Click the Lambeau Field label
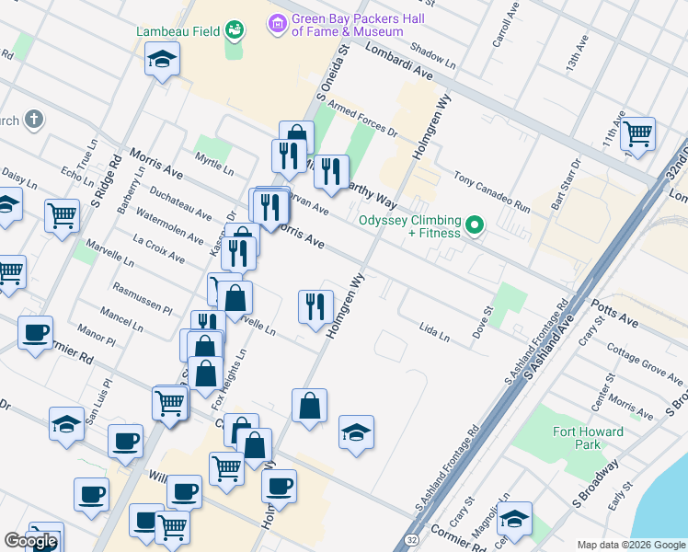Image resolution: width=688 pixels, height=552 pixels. coord(178,31)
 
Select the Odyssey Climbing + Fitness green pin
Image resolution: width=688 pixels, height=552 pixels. coord(475,224)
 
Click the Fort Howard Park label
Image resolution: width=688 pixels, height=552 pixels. coord(588,438)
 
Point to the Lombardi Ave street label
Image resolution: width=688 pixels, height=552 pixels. coord(397,61)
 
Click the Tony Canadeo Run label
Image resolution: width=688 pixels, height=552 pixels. coord(492,192)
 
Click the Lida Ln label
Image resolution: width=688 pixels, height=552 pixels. coord(434,330)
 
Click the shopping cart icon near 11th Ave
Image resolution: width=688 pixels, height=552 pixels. coord(636,133)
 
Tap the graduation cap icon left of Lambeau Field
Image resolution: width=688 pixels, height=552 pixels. coord(162,60)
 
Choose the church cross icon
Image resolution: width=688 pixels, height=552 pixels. coord(33,120)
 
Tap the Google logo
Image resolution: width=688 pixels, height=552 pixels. coord(31,541)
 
